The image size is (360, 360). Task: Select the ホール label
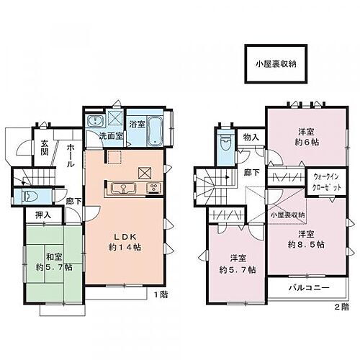click(x=73, y=156)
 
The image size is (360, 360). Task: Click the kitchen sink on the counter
click(x=123, y=189)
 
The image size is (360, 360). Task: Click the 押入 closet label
click(x=43, y=215)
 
